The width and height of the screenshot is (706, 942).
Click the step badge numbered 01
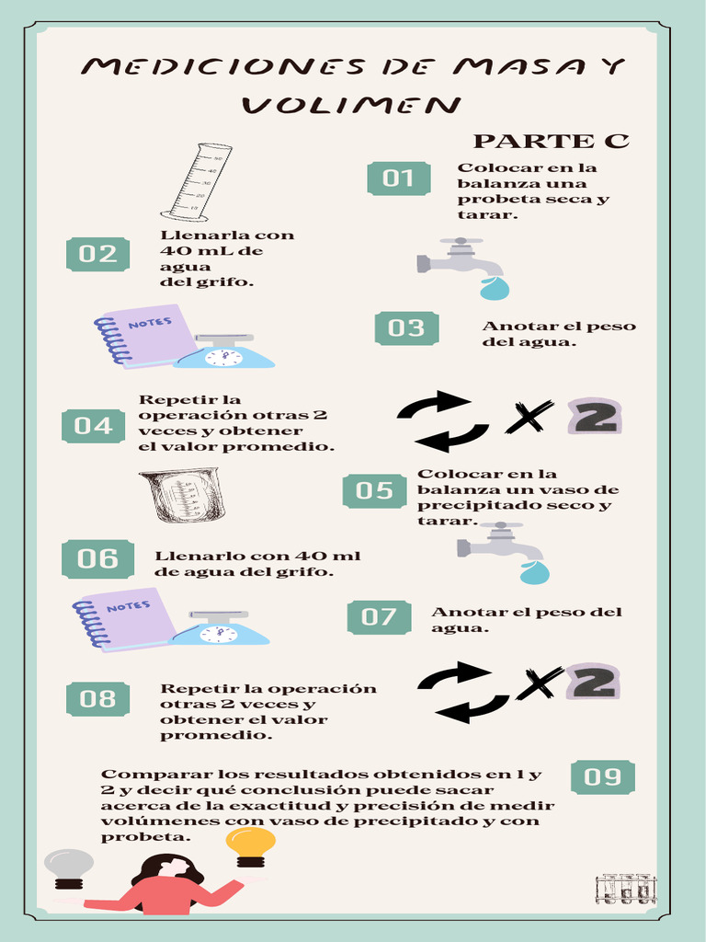398,178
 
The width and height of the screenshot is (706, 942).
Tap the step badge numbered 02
97,254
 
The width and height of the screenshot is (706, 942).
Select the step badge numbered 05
374,490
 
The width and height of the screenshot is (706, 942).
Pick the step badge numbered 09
603,777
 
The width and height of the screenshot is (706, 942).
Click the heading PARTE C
551,141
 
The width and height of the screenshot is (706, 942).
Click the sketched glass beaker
183,495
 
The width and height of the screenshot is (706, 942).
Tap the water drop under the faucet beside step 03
494,289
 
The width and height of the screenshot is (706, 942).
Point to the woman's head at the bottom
167,868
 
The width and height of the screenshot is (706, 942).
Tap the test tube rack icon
625,889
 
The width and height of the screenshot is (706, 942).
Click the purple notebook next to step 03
145,335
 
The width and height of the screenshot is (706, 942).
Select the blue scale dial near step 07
219,634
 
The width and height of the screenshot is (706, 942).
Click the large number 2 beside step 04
595,417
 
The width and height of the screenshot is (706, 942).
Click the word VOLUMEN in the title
350,105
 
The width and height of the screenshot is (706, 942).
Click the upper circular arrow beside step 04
434,404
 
